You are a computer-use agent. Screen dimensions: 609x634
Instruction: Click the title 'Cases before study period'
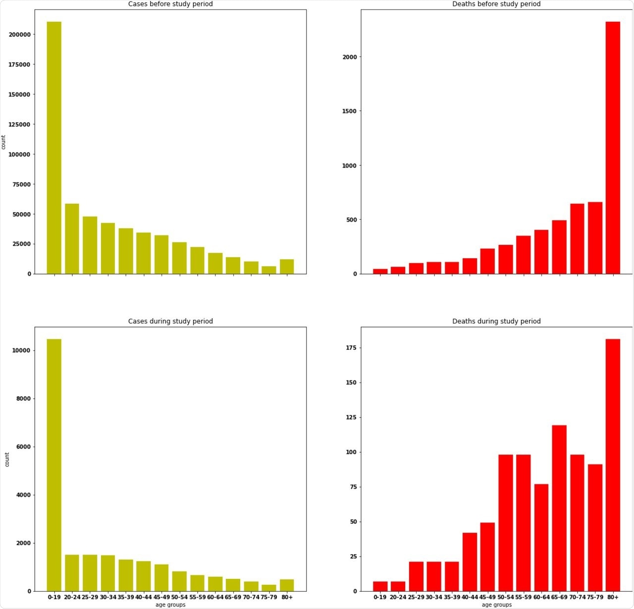(x=170, y=4)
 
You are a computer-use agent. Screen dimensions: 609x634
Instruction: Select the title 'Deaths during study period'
(x=496, y=321)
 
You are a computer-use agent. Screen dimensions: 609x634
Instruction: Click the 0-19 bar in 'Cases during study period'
(x=54, y=465)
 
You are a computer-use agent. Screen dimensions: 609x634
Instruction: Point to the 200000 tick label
(x=19, y=35)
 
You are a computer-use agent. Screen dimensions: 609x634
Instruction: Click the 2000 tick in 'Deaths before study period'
(x=349, y=57)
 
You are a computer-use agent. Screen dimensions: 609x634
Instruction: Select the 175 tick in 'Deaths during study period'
(x=351, y=348)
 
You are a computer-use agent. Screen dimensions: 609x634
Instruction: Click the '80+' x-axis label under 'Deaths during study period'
(x=613, y=597)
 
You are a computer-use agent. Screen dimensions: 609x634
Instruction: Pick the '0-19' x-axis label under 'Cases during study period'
(x=54, y=597)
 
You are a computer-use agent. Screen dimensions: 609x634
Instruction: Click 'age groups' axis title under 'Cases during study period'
(x=170, y=605)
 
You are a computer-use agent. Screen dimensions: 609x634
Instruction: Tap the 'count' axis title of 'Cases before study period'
(x=3, y=142)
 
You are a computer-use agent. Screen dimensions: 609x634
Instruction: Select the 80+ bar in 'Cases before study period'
(x=287, y=267)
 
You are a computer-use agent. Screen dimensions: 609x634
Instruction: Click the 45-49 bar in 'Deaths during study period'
(x=487, y=557)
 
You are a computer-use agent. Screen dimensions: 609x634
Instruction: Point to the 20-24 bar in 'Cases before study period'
(x=72, y=239)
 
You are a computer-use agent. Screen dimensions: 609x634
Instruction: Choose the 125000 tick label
(x=19, y=124)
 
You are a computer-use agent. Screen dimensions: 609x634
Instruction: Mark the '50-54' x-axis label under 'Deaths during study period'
(x=505, y=597)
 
